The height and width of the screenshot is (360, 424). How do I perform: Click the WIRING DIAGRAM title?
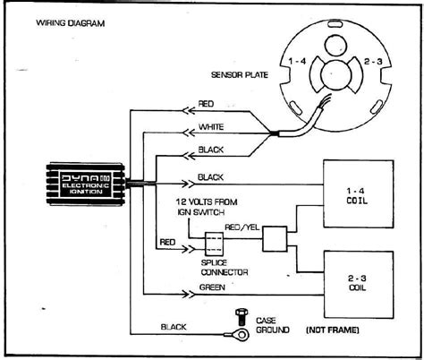(x=71, y=23)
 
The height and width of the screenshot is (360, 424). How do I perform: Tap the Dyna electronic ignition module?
(x=86, y=184)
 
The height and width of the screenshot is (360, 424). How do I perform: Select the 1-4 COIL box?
(x=359, y=194)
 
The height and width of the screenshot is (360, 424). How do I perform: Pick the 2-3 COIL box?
(x=359, y=285)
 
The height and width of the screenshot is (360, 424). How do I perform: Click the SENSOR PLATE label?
(x=240, y=74)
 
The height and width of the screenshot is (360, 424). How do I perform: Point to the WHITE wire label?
(x=211, y=127)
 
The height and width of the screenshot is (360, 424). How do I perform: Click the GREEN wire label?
(x=212, y=287)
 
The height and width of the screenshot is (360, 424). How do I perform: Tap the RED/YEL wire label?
(x=242, y=227)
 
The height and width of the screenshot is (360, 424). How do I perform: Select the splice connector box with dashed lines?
(x=214, y=244)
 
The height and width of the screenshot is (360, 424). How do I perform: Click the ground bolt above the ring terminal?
(x=242, y=317)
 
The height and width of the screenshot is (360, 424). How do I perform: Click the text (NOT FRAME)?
(x=333, y=330)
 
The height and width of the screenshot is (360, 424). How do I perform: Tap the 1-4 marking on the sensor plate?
(x=297, y=62)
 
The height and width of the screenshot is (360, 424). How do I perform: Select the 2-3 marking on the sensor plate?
(x=373, y=62)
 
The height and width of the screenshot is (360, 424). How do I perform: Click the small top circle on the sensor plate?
(x=336, y=46)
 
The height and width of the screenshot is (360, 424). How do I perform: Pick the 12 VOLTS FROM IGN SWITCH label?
(x=207, y=207)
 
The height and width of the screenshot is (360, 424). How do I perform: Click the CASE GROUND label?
(x=273, y=325)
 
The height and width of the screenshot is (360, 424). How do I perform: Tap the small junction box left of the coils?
(x=275, y=239)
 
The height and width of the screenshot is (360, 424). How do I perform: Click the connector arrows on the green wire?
(x=188, y=295)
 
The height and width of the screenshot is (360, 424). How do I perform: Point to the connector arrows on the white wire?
(x=189, y=133)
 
